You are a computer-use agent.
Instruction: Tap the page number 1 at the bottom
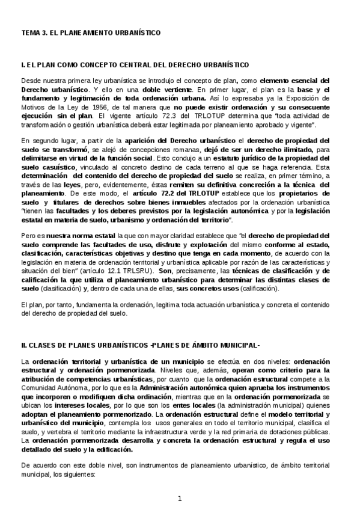(x=180, y=499)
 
